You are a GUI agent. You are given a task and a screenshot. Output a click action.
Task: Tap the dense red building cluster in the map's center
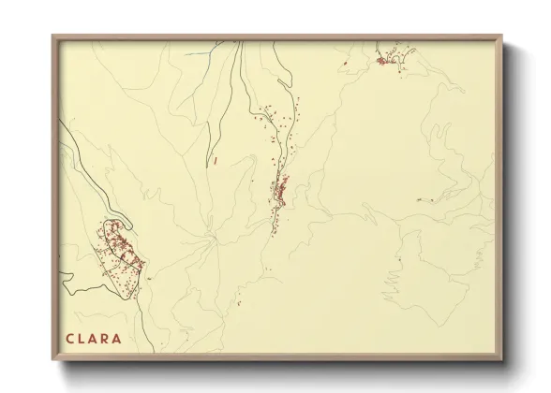coord(279,192)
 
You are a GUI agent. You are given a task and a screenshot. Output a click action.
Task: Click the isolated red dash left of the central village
coord(216,161)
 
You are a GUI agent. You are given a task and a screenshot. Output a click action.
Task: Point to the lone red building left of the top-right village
coord(346,63)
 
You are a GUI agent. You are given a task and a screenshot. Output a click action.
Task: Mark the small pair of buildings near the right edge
coord(421,198)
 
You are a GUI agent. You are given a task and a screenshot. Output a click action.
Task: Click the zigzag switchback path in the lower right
coord(395,285)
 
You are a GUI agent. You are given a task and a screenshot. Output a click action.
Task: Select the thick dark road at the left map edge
coord(64,278)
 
